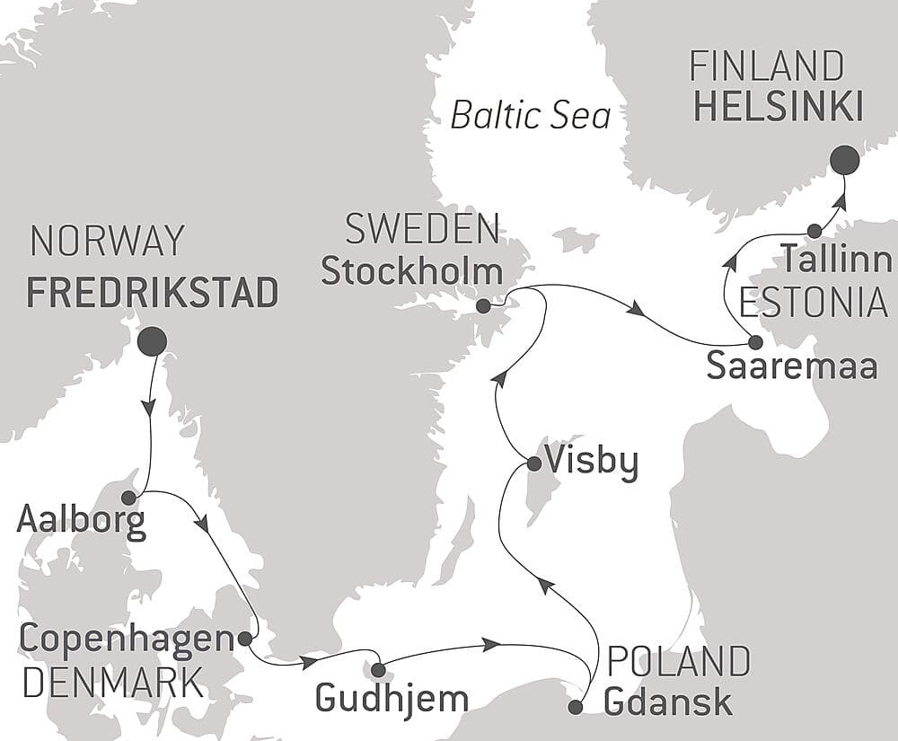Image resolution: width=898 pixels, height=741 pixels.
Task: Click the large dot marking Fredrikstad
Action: point(152,340)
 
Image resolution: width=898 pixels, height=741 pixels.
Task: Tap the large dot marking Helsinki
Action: point(844,160)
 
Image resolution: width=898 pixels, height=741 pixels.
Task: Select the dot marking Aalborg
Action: point(128,497)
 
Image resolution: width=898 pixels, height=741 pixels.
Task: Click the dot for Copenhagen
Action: point(244,639)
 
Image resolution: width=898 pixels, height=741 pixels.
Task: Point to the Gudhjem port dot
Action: point(378,669)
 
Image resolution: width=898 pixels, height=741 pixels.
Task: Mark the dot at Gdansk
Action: point(576,707)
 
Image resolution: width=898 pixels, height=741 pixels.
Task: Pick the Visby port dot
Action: point(533,464)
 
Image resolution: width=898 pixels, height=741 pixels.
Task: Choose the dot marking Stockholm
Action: point(483,306)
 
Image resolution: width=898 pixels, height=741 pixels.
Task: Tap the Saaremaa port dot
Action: point(755,342)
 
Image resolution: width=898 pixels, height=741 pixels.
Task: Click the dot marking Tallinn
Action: point(814,231)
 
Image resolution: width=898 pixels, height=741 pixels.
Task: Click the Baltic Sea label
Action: point(530,115)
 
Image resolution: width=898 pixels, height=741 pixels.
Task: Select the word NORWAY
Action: point(107,241)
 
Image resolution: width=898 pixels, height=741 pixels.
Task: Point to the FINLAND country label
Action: point(766,67)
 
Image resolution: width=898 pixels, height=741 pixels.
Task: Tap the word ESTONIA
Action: point(813,303)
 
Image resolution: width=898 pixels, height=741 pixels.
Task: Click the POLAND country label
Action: point(678,661)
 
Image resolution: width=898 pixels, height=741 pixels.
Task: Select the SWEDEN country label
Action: point(422,230)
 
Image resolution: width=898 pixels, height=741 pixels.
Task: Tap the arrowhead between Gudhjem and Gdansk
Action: point(490,644)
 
